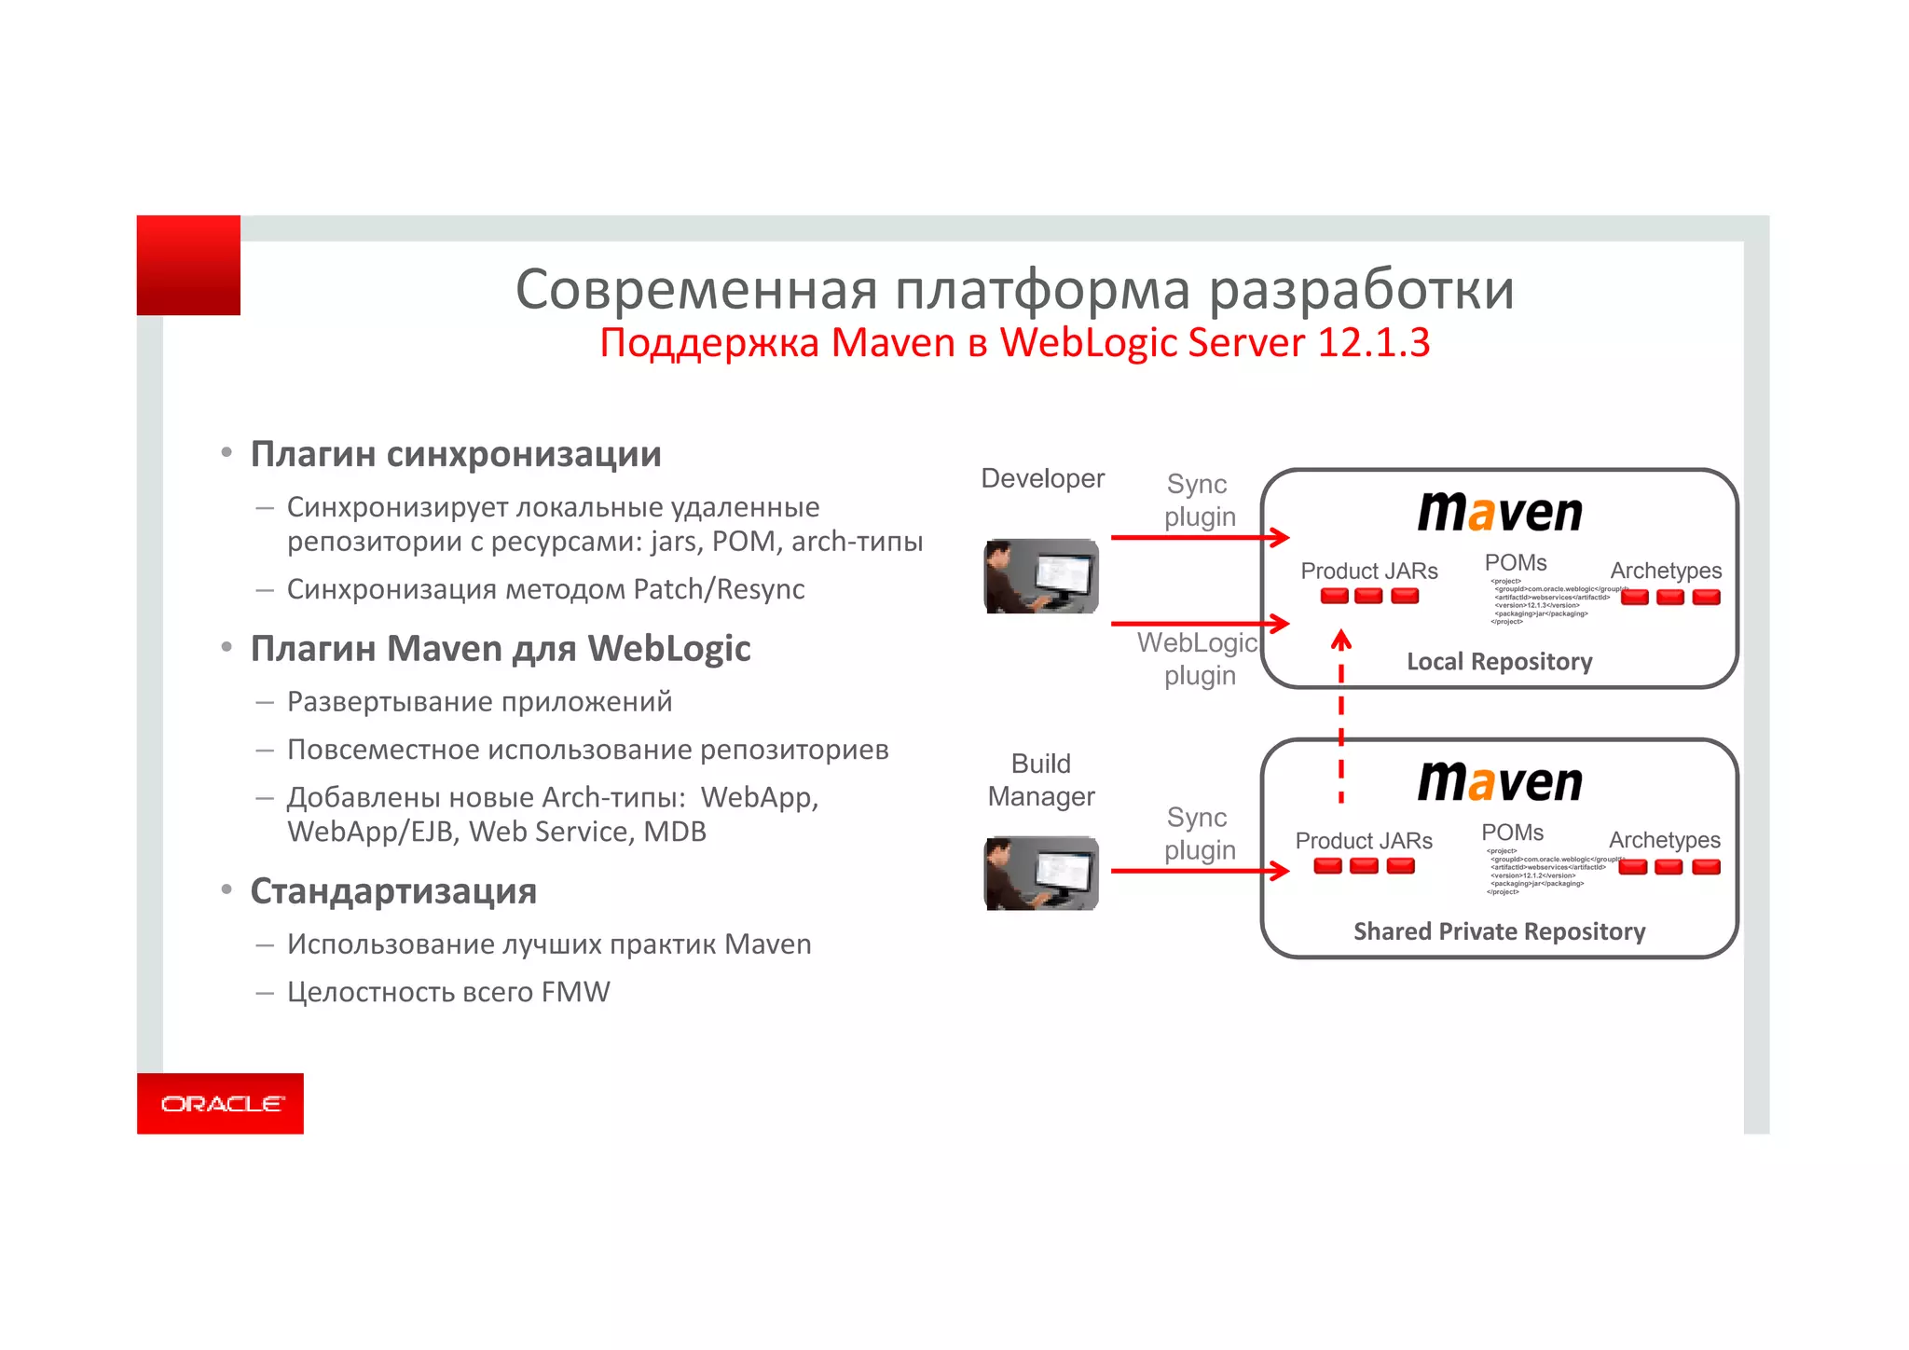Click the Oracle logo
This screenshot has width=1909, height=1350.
(x=221, y=1104)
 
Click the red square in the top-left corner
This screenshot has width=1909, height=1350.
(x=188, y=266)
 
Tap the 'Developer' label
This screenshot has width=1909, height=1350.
(x=1042, y=479)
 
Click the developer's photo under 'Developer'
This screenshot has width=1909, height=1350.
(x=1041, y=576)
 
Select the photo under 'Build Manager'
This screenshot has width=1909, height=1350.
(x=1041, y=874)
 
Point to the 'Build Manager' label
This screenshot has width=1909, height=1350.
(x=1041, y=779)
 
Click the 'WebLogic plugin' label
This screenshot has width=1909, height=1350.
(x=1198, y=658)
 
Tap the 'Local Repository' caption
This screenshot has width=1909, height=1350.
(x=1499, y=662)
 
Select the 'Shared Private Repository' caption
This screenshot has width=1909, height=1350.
(x=1499, y=931)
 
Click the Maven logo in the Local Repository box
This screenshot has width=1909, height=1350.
(x=1500, y=512)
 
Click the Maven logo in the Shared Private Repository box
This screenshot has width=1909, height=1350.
(x=1500, y=781)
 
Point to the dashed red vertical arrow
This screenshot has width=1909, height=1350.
(x=1340, y=718)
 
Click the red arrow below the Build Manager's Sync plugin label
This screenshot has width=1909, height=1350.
(x=1199, y=871)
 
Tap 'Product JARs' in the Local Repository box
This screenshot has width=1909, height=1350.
(x=1369, y=571)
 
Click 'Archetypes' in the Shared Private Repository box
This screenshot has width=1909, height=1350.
(x=1664, y=840)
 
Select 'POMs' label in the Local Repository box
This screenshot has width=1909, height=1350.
(x=1516, y=563)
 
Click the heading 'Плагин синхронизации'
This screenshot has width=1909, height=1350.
(x=456, y=454)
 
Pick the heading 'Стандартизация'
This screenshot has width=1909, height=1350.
(x=393, y=891)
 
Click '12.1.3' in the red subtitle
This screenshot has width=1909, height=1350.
(x=1373, y=342)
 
